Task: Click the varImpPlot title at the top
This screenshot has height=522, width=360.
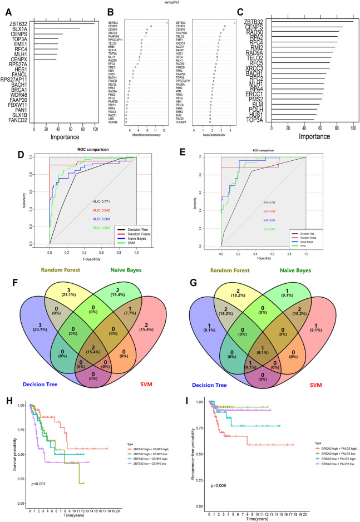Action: pyautogui.click(x=180, y=3)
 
